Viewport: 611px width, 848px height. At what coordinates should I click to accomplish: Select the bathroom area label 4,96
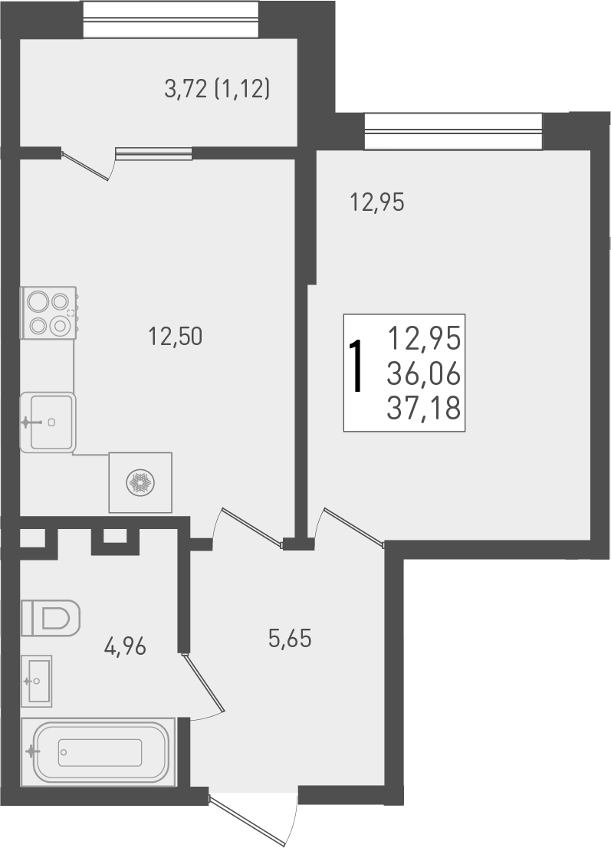click(x=125, y=646)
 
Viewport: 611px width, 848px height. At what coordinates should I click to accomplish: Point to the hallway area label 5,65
click(x=290, y=638)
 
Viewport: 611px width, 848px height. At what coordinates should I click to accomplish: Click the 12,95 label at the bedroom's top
click(x=376, y=203)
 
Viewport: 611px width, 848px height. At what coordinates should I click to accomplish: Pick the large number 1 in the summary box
click(x=356, y=369)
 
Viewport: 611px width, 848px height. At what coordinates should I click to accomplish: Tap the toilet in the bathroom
click(x=50, y=617)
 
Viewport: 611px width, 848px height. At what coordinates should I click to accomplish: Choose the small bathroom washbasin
click(x=36, y=679)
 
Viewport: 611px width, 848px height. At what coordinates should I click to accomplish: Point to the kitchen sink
click(x=48, y=422)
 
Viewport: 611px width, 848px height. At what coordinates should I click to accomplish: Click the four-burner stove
click(x=48, y=312)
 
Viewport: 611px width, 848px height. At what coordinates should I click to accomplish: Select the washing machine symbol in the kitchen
click(x=140, y=482)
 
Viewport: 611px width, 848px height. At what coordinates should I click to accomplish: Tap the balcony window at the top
click(x=169, y=19)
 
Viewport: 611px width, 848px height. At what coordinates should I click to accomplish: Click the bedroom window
click(x=452, y=131)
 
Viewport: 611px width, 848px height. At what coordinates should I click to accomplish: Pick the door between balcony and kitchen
click(x=88, y=165)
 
